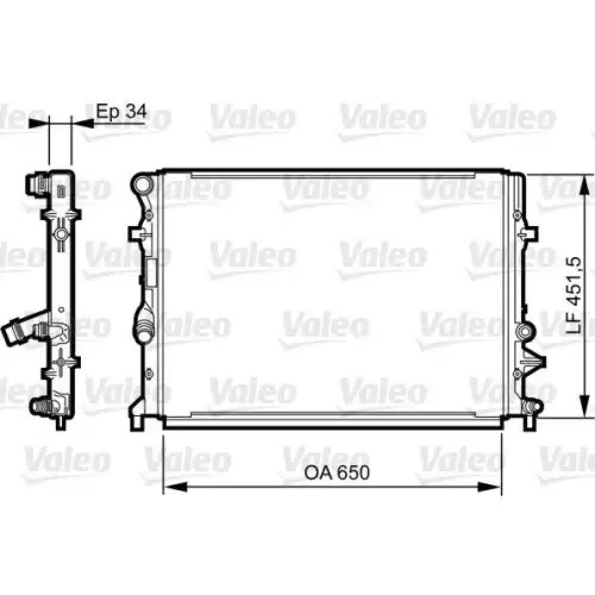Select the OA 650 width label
click(x=337, y=473)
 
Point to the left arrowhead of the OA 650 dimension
click(x=176, y=487)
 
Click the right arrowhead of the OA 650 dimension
click(x=490, y=487)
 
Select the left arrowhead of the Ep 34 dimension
click(x=39, y=123)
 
